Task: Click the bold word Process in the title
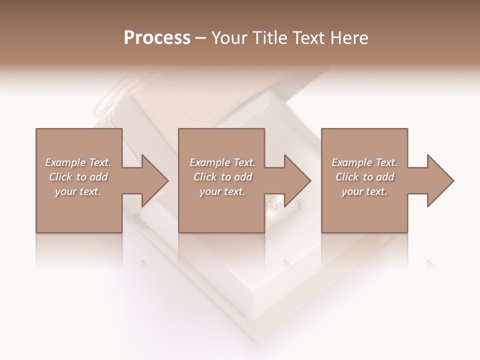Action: click(157, 38)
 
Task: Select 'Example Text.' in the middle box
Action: click(222, 162)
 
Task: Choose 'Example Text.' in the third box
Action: click(364, 162)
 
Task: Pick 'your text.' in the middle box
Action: click(222, 191)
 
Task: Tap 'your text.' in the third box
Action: click(364, 191)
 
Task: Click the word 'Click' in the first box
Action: click(60, 177)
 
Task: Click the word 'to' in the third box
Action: click(368, 177)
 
